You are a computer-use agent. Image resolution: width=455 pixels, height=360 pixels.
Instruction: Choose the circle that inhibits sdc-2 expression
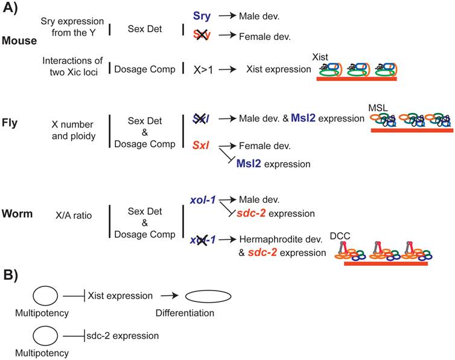[46, 336]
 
